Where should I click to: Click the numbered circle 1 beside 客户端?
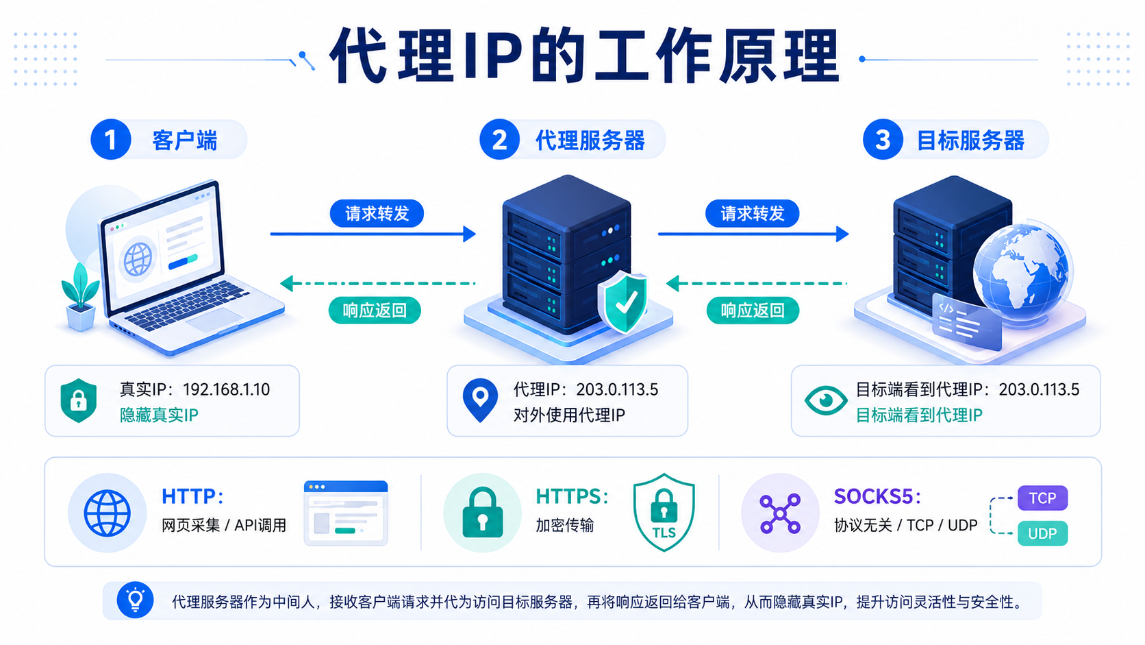pyautogui.click(x=110, y=139)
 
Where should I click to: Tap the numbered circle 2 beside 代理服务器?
pyautogui.click(x=499, y=139)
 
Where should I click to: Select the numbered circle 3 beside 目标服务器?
pyautogui.click(x=883, y=139)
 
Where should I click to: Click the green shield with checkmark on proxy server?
pyautogui.click(x=623, y=302)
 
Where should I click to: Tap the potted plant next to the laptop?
pyautogui.click(x=80, y=297)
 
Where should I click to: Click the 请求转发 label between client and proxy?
pyautogui.click(x=377, y=213)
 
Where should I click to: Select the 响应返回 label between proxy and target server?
pyautogui.click(x=753, y=310)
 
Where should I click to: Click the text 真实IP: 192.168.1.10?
pyautogui.click(x=194, y=390)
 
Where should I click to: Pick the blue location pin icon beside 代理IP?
pyautogui.click(x=480, y=400)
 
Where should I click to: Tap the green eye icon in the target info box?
pyautogui.click(x=825, y=400)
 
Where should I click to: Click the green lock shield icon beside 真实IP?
pyautogui.click(x=78, y=400)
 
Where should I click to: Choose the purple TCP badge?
pyautogui.click(x=1042, y=498)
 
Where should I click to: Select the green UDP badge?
pyautogui.click(x=1042, y=533)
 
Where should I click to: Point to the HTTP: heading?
pyautogui.click(x=192, y=496)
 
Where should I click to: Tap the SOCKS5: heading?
pyautogui.click(x=878, y=496)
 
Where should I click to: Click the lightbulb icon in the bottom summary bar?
pyautogui.click(x=135, y=600)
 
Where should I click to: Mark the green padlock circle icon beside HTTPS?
pyautogui.click(x=482, y=513)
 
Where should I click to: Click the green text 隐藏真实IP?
pyautogui.click(x=159, y=415)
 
